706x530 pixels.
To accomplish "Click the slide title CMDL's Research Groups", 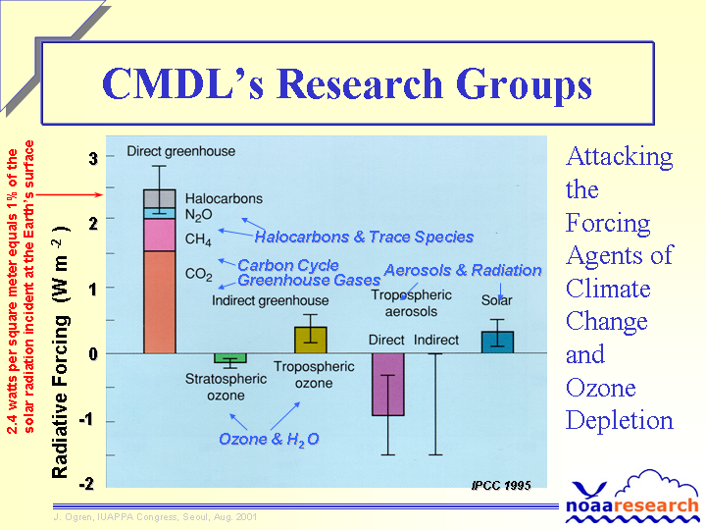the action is click(347, 84).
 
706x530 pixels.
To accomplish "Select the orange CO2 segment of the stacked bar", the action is click(160, 302).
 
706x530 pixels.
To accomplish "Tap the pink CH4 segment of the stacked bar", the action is click(160, 235).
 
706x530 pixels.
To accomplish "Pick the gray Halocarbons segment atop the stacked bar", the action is click(160, 198).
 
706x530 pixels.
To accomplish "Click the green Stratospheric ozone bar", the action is click(230, 358).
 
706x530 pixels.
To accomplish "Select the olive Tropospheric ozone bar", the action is click(310, 340).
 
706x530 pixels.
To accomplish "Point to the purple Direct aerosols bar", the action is click(388, 385).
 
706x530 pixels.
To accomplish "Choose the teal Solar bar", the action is click(497, 343).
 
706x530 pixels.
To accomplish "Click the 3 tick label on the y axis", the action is click(93, 158).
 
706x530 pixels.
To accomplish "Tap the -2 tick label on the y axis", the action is click(87, 484).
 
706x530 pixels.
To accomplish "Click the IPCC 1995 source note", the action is click(501, 486).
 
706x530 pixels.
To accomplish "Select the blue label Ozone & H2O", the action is click(269, 439).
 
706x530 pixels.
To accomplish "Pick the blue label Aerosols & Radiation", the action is click(463, 270).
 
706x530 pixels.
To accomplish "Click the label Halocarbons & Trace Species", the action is click(364, 237).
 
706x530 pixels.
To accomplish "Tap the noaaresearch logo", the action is click(632, 498).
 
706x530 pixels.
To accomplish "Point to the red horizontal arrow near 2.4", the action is click(70, 194).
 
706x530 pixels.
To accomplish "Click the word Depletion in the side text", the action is click(619, 420).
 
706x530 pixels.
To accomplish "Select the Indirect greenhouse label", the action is click(271, 300).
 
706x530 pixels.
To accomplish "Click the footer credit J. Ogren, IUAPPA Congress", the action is click(155, 517).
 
